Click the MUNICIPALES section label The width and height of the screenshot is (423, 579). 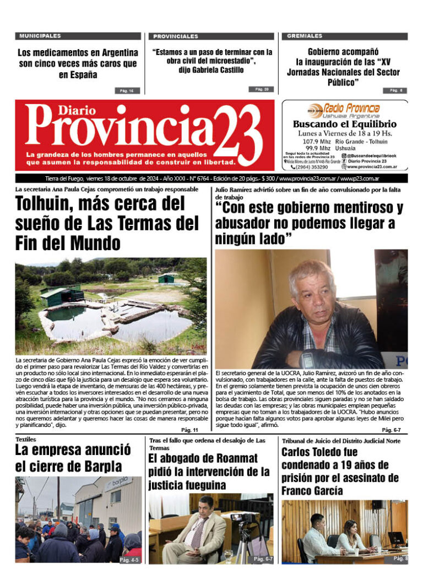pos(40,36)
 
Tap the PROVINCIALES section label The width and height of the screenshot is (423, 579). pos(176,36)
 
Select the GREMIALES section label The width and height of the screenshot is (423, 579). pos(305,36)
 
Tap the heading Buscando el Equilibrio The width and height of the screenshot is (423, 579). pos(345,125)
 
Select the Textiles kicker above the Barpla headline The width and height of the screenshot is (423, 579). pos(25,440)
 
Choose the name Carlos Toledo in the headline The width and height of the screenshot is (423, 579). pos(317,452)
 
